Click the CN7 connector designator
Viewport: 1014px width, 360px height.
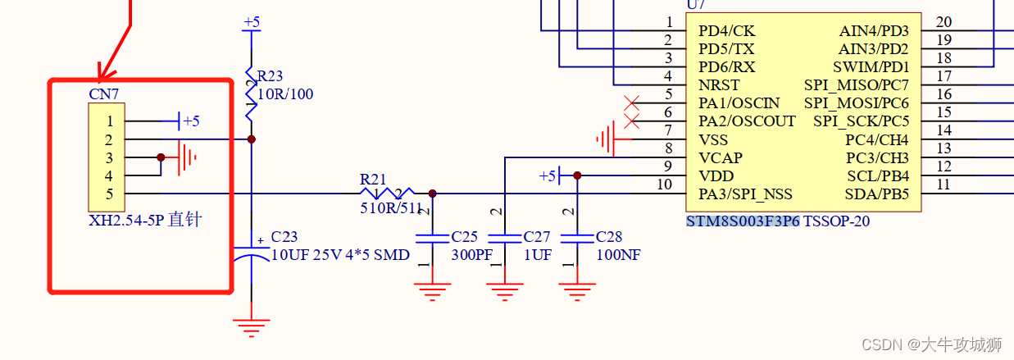(x=102, y=93)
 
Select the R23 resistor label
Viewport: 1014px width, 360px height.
(x=271, y=77)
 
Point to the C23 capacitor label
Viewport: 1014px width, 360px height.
(x=284, y=237)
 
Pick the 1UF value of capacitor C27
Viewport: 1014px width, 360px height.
(x=538, y=254)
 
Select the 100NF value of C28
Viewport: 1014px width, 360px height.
(x=618, y=254)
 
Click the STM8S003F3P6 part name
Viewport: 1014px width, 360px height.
(x=743, y=221)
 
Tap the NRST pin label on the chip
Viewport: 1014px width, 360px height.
(x=719, y=85)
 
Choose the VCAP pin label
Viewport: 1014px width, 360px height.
(x=720, y=157)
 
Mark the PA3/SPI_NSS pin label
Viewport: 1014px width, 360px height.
(x=745, y=194)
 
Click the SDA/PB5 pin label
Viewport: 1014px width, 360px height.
(x=876, y=194)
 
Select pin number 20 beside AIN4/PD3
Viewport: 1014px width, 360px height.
(x=944, y=22)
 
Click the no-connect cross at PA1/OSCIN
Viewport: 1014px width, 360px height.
(x=632, y=103)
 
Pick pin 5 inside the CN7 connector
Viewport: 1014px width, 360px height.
(x=108, y=194)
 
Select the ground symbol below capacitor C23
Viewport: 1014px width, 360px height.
(x=251, y=327)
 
